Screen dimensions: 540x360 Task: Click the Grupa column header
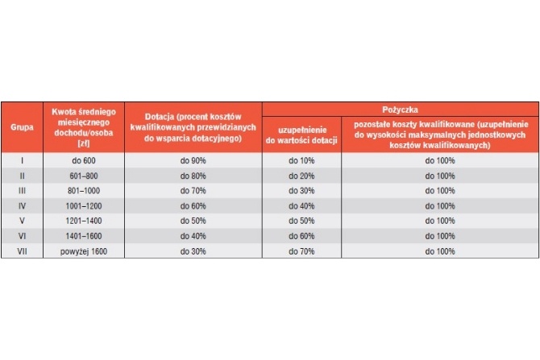click(22, 127)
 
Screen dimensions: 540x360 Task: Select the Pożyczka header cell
click(401, 110)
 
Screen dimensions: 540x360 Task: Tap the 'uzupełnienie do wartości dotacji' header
click(301, 135)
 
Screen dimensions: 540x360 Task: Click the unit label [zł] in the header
click(84, 143)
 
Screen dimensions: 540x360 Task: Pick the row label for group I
click(22, 161)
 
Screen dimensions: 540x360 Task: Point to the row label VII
click(22, 251)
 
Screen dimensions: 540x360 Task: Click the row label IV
click(22, 206)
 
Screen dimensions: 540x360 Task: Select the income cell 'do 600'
click(84, 161)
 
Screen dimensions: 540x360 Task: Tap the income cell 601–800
click(84, 176)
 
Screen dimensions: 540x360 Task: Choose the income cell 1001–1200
click(84, 206)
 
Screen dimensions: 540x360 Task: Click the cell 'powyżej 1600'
click(84, 251)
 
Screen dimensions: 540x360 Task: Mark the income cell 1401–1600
click(84, 236)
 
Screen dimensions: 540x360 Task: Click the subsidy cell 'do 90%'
click(193, 161)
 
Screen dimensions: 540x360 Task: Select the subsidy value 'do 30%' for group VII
click(193, 251)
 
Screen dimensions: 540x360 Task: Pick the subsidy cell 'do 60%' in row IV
click(193, 206)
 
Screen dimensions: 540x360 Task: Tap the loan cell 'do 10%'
click(301, 161)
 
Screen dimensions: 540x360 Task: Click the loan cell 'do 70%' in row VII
click(301, 251)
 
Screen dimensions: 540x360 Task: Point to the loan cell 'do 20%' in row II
click(301, 176)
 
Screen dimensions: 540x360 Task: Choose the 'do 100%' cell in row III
click(440, 191)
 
